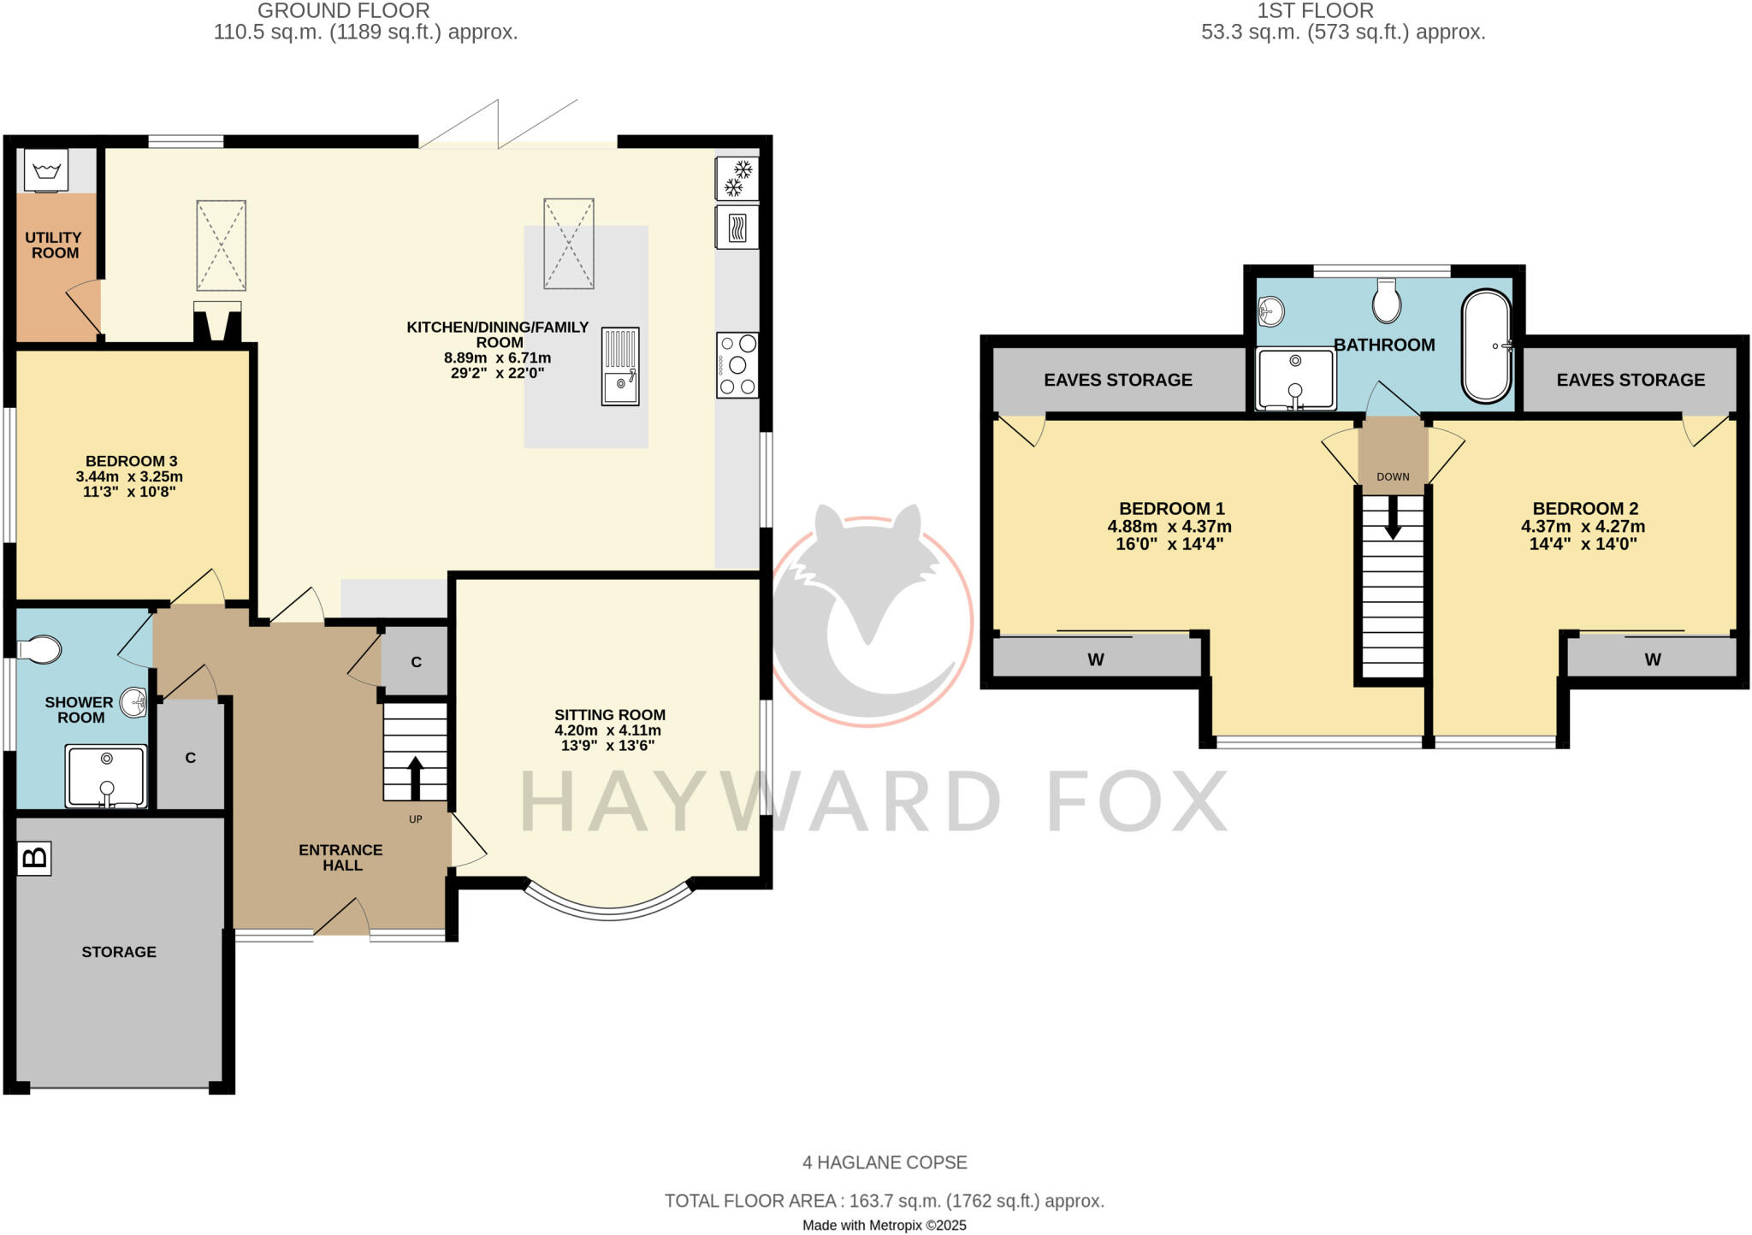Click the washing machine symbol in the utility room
46,170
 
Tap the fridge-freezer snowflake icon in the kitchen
737,178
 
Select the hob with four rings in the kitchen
737,365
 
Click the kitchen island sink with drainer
620,366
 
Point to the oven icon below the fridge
737,227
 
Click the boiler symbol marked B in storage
34,858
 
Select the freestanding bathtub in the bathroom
1487,346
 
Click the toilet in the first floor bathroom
1386,300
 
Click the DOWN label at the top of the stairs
1393,476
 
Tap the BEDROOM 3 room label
131,461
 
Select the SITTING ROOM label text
609,715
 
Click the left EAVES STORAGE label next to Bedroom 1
1117,380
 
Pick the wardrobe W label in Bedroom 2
1652,659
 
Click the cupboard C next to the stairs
416,662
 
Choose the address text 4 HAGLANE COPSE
885,1162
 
